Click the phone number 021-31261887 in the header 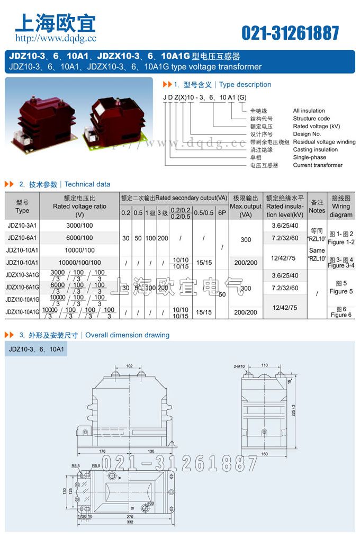pyautogui.click(x=290, y=33)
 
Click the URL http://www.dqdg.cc pyautogui.click(x=56, y=38)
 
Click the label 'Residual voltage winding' pyautogui.click(x=324, y=142)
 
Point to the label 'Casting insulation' pyautogui.click(x=315, y=150)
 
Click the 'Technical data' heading pyautogui.click(x=87, y=184)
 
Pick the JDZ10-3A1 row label pyautogui.click(x=22, y=226)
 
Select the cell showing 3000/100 pyautogui.click(x=80, y=226)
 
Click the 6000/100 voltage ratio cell pyautogui.click(x=80, y=238)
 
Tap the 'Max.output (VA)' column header pyautogui.click(x=246, y=206)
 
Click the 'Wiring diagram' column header pyautogui.click(x=340, y=206)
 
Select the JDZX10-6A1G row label pyautogui.click(x=22, y=288)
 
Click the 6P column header pyautogui.click(x=222, y=213)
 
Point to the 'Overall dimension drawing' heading pyautogui.click(x=127, y=335)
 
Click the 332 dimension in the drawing pyautogui.click(x=130, y=523)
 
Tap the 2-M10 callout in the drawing pyautogui.click(x=240, y=366)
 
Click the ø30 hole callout pyautogui.click(x=150, y=504)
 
